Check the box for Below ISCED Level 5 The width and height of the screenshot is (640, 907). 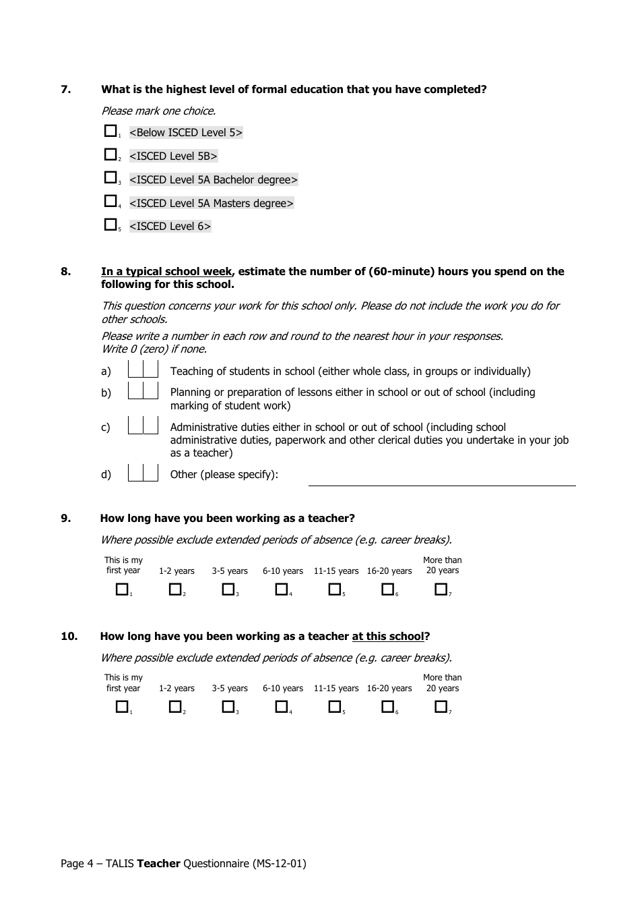click(110, 131)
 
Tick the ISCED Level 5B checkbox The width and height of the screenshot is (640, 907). click(110, 154)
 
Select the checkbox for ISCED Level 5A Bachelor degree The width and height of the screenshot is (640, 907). click(110, 178)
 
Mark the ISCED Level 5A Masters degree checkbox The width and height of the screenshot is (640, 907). click(110, 201)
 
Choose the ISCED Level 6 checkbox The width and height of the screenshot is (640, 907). click(110, 225)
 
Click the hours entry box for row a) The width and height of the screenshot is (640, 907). click(143, 370)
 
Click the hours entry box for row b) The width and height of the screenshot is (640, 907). click(143, 391)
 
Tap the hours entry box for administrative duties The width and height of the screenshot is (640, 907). click(143, 426)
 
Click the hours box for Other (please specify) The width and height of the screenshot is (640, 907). click(143, 473)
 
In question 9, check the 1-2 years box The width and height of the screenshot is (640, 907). click(175, 589)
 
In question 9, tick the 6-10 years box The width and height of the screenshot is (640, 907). click(282, 589)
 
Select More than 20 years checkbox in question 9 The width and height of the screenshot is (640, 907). click(441, 589)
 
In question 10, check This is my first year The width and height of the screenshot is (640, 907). click(122, 707)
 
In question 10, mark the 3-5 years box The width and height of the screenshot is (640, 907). click(228, 707)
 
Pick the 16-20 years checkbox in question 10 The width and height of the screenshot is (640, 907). click(387, 707)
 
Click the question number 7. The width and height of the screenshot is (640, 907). click(65, 90)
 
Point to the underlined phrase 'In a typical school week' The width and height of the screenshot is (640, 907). click(166, 272)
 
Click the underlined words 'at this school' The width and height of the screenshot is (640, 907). click(387, 637)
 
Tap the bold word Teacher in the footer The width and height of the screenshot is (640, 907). click(158, 863)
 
